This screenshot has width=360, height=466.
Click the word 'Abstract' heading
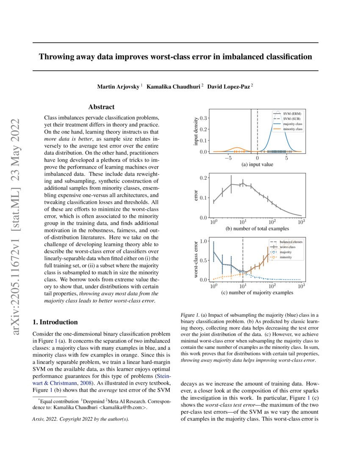pyautogui.click(x=101, y=107)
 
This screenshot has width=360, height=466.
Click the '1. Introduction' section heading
pyautogui.click(x=55, y=322)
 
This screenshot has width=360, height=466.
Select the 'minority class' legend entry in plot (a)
pyautogui.click(x=293, y=129)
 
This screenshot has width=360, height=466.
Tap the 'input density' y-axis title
pyautogui.click(x=196, y=131)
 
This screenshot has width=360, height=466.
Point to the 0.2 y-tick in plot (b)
pyautogui.click(x=204, y=178)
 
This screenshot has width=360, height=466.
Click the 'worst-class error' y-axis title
pyautogui.click(x=196, y=259)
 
